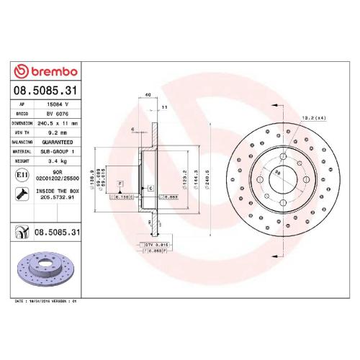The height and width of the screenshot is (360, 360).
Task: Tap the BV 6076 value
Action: [58, 114]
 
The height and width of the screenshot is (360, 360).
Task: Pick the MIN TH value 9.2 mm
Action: [58, 132]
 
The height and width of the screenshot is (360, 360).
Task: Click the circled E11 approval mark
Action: [22, 175]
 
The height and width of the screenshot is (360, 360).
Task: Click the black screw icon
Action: [22, 193]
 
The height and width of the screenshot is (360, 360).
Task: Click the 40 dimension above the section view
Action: [148, 94]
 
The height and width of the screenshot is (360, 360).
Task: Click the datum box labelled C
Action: [151, 188]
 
